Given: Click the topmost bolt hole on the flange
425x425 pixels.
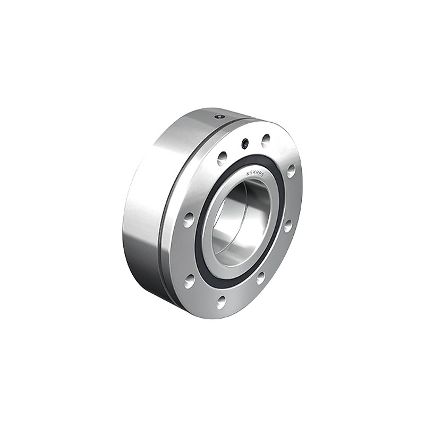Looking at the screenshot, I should (266, 140).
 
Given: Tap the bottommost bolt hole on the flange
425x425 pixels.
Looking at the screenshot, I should (221, 302).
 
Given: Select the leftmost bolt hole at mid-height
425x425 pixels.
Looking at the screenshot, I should (189, 219).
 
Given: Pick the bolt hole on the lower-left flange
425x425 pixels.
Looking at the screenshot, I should (190, 281).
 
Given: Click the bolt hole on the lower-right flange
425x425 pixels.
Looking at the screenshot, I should (260, 277).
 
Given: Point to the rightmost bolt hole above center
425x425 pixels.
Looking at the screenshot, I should (291, 171).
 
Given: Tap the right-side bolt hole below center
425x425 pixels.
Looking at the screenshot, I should (287, 225).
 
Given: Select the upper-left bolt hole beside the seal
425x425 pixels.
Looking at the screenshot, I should (222, 158).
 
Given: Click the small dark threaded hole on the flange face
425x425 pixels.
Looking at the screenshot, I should (245, 143).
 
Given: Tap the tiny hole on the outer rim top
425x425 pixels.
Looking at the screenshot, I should (219, 116).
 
